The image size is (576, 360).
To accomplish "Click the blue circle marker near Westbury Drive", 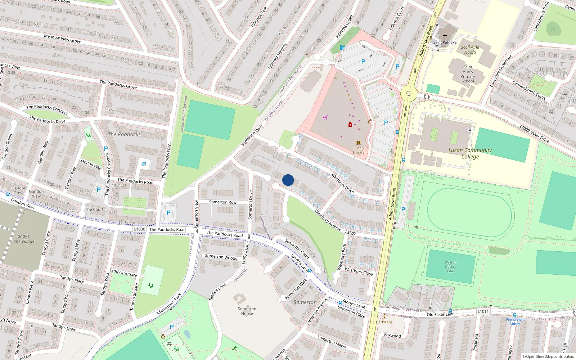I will click(288, 180).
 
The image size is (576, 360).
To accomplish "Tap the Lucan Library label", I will click(359, 150).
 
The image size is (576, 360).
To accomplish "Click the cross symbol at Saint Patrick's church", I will click(445, 36).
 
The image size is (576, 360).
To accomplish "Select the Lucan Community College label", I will click(470, 153).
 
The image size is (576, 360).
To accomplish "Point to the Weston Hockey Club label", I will click(450, 266).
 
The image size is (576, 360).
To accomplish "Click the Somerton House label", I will click(247, 311).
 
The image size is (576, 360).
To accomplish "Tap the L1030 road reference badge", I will click(140, 229).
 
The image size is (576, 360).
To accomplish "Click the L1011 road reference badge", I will click(483, 311).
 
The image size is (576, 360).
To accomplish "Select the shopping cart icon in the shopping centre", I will click(325, 117).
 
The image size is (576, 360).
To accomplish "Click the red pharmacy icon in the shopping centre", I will click(350, 124).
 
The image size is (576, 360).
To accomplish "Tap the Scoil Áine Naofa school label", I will click(470, 50).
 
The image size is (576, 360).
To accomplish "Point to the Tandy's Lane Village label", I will click(23, 239).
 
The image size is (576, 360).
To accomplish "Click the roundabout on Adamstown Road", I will click(409, 94).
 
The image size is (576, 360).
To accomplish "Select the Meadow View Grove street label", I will click(63, 39).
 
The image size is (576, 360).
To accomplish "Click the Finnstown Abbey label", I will click(515, 321).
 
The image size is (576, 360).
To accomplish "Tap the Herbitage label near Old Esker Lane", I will click(384, 322).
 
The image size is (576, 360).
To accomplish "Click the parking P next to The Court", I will click(99, 190).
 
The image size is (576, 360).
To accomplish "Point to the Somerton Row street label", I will click(223, 202).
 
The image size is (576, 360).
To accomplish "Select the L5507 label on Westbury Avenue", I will click(350, 233).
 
